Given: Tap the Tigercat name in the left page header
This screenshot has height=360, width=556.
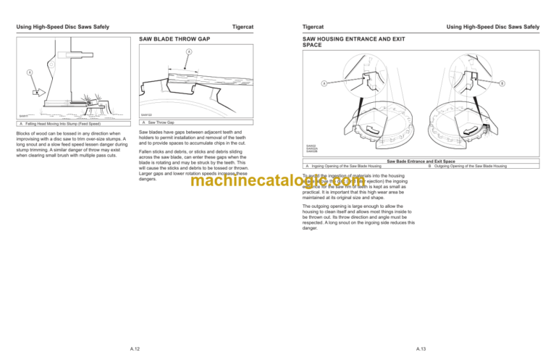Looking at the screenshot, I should (x=243, y=27).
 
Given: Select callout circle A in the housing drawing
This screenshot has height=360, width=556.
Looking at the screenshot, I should (x=324, y=83).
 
